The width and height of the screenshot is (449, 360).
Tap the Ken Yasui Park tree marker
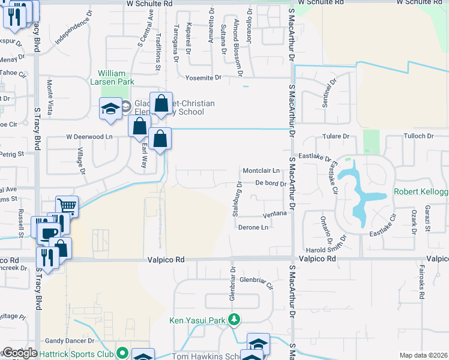236,320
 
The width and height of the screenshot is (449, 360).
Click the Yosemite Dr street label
203,77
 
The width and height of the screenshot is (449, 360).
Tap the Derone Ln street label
253,227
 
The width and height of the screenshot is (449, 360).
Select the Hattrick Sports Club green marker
124,353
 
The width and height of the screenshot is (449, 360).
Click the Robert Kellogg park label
421,191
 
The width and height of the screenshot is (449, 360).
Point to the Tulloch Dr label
417,137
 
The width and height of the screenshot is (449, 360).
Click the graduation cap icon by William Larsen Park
110,109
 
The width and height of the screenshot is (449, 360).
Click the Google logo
20,353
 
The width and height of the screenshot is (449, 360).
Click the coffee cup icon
48,232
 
